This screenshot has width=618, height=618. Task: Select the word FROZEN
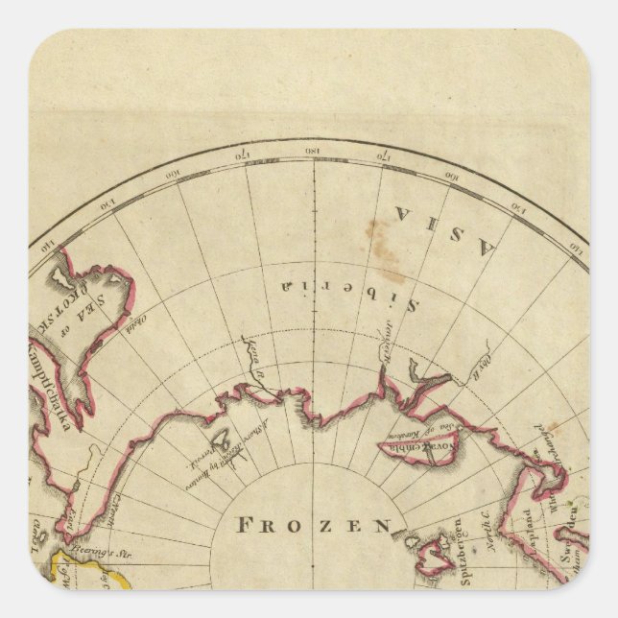314,525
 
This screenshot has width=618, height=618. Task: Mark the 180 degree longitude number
313,152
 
